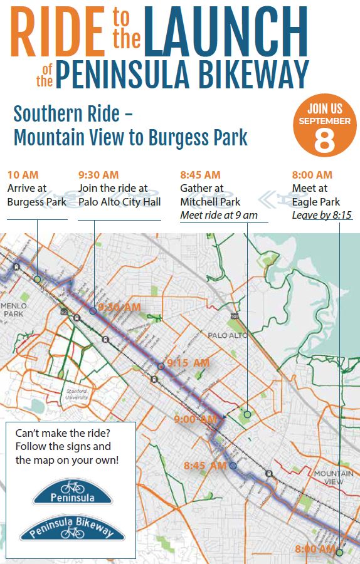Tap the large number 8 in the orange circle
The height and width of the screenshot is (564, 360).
[x=324, y=140]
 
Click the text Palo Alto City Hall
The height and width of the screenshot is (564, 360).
[x=119, y=202]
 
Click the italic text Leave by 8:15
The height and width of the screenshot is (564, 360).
[x=322, y=216]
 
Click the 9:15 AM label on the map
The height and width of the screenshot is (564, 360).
[x=188, y=363]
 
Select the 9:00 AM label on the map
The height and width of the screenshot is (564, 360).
[x=196, y=419]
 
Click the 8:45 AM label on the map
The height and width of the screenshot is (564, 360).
[x=205, y=466]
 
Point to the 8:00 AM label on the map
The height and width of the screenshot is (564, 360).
[x=315, y=549]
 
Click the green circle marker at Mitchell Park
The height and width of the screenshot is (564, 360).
[x=247, y=414]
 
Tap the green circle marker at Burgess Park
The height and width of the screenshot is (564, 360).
[x=37, y=279]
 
